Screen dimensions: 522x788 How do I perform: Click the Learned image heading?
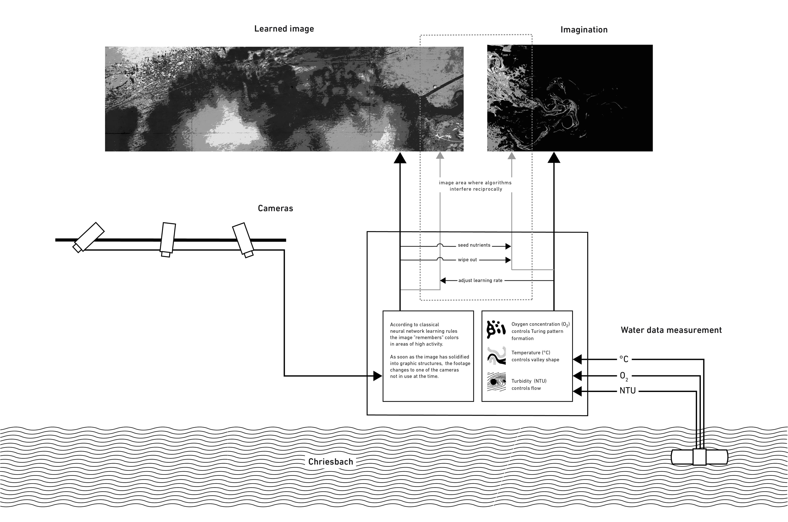tap(284, 29)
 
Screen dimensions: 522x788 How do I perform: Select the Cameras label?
tap(275, 208)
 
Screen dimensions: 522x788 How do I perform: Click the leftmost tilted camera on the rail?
tap(89, 237)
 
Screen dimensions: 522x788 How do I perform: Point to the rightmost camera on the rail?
tap(243, 240)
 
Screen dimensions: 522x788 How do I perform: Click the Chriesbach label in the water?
tap(330, 462)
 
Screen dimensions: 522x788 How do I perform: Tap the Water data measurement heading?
tap(671, 330)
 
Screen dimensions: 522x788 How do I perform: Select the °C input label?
tap(624, 359)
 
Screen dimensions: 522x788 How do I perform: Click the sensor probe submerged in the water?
tap(699, 457)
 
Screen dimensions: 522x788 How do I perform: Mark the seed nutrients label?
tap(474, 245)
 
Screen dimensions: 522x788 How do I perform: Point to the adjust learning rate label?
tap(480, 281)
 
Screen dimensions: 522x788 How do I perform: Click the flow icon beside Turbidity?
tap(496, 382)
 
